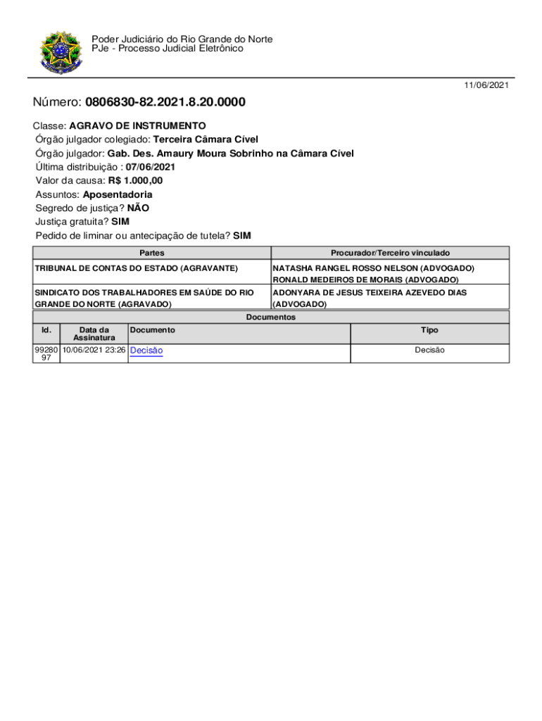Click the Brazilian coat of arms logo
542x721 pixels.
61,52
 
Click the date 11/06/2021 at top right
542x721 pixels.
486,85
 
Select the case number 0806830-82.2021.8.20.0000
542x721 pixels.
165,103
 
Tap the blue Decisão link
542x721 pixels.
146,351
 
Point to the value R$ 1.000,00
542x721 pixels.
135,181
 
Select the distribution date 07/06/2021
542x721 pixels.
151,167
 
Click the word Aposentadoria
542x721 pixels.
118,194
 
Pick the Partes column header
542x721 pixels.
152,253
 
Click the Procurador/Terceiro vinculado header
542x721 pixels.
390,253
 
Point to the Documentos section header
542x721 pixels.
270,318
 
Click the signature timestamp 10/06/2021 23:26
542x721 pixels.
94,350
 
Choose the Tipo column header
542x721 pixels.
429,330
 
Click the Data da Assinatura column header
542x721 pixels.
94,334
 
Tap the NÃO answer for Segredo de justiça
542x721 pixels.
138,208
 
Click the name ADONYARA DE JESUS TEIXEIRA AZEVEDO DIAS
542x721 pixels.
370,292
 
